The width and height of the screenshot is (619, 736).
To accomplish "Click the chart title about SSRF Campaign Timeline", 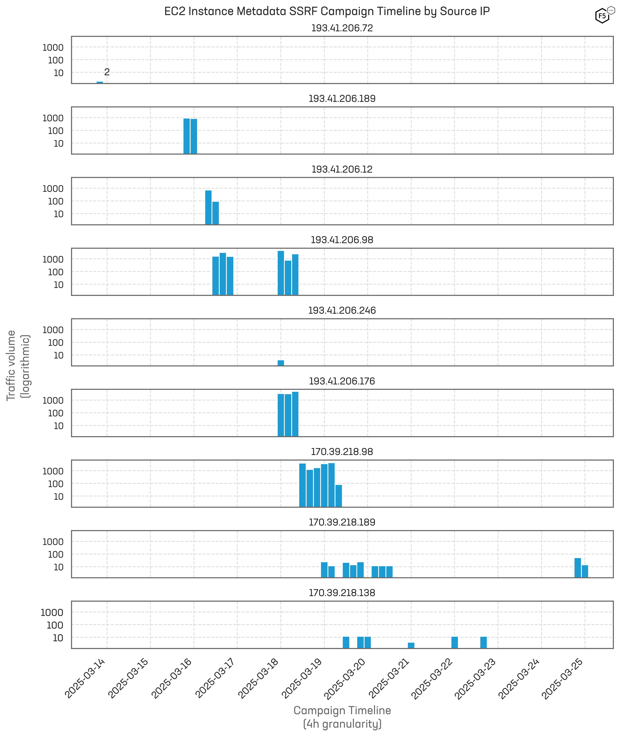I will [x=327, y=11].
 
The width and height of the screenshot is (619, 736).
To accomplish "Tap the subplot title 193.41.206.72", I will [x=342, y=28].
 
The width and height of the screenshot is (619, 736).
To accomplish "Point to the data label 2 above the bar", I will [x=107, y=72].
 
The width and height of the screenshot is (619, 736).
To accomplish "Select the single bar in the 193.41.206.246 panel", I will [x=281, y=363].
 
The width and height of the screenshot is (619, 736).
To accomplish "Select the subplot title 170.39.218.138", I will [x=342, y=593].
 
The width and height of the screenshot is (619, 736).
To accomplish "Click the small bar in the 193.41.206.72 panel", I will [x=100, y=83].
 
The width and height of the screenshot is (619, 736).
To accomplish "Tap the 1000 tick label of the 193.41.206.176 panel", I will [x=53, y=400].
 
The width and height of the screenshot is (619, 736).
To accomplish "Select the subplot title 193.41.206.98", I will [x=342, y=240].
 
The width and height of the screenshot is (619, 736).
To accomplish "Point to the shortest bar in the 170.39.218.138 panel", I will [x=411, y=645].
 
